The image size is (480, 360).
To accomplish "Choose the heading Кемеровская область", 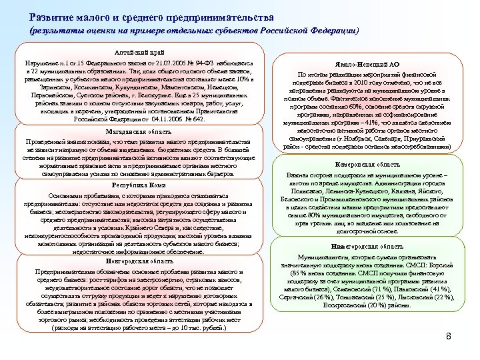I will point(360,163).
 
